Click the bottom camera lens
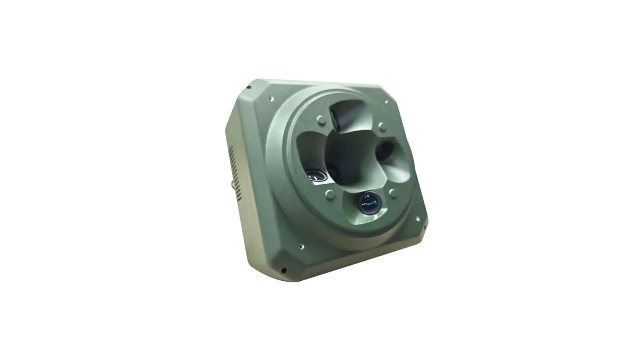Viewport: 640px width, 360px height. pos(369,202)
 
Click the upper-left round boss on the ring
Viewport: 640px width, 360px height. pos(320,120)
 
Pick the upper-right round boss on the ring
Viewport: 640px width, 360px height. pos(382,127)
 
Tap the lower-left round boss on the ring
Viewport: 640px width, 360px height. pos(330,194)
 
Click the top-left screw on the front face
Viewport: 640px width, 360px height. pos(272,97)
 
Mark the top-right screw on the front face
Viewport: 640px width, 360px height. pos(386,102)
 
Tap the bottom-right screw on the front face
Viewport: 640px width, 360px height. pos(418,219)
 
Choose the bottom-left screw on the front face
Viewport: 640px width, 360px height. pos(302,246)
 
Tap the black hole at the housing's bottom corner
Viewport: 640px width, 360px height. pos(284,270)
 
